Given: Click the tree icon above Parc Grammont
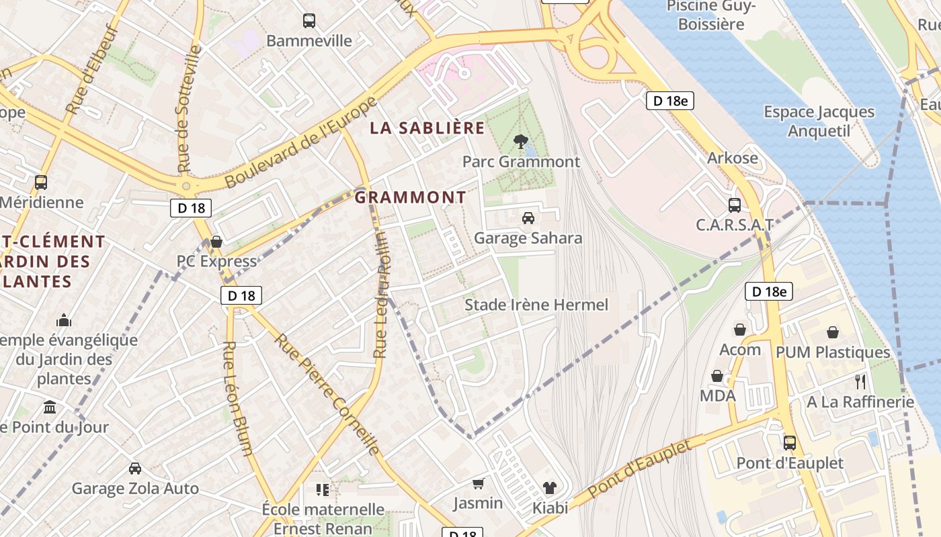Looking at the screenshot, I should click(520, 142).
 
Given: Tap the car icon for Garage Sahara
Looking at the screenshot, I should click(528, 218).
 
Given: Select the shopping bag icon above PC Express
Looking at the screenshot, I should click(216, 241).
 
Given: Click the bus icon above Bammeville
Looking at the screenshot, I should click(309, 21).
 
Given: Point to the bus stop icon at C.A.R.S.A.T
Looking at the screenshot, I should click(735, 205).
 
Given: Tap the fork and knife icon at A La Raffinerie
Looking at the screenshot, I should click(860, 382).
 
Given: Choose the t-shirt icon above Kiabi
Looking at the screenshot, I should click(550, 487).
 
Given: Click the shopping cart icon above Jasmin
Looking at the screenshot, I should click(479, 483).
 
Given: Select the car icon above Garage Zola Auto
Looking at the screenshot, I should click(135, 469).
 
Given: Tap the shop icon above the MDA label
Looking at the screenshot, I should click(717, 376).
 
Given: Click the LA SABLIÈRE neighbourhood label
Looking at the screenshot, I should click(427, 128).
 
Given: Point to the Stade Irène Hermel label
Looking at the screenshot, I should click(536, 305).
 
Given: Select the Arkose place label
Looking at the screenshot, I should click(732, 158).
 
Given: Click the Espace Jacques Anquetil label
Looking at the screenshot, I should click(819, 121).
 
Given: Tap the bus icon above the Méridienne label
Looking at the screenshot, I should click(41, 182).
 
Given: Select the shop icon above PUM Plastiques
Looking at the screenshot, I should click(833, 332).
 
